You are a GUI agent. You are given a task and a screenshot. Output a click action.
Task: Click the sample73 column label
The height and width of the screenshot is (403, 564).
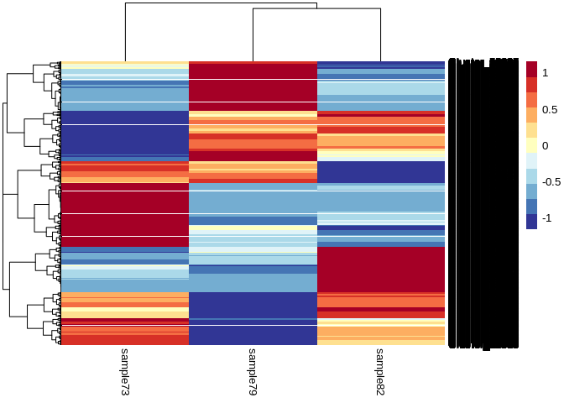point(124,372)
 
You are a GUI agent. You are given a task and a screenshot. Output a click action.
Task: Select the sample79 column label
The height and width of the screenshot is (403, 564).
point(253,372)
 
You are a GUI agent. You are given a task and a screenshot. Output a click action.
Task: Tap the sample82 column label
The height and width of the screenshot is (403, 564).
point(380,372)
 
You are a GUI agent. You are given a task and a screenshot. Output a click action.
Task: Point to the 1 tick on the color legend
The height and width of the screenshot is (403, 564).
point(545,74)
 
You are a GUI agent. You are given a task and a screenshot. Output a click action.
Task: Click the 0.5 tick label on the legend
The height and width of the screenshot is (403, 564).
point(550,110)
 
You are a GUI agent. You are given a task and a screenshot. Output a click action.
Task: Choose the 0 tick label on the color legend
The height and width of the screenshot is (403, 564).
point(545,146)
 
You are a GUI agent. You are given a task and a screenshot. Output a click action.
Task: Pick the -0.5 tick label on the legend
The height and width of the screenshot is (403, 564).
point(551,182)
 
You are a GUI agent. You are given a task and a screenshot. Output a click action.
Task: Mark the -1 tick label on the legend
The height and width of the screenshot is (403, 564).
point(546,218)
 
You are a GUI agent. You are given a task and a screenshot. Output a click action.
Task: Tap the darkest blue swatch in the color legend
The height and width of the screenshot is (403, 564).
point(531,221)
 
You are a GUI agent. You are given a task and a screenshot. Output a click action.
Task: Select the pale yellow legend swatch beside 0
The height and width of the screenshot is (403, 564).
point(531,145)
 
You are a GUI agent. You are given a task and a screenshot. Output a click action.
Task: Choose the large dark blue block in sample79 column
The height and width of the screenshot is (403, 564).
point(253,317)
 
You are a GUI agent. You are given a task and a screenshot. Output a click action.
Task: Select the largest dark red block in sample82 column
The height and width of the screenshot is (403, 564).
point(380,269)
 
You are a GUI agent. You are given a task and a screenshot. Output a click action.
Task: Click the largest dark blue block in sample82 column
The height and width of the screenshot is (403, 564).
point(380,171)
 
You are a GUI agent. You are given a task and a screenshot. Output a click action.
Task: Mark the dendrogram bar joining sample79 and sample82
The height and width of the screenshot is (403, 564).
point(316,9)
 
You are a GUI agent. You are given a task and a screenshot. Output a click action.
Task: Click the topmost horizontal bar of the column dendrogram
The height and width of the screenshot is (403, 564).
point(221,3)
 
